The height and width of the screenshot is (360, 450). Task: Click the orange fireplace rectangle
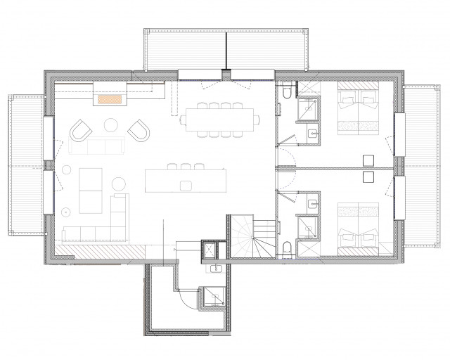coord(110,100)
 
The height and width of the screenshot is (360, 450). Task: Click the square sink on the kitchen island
coord(186,185)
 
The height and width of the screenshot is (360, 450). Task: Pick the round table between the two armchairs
coord(112,126)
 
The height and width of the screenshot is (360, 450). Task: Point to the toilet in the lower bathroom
coord(289,247)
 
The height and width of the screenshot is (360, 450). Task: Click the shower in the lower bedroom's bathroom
coord(308,226)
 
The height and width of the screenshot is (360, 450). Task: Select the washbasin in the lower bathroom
coord(311,205)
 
